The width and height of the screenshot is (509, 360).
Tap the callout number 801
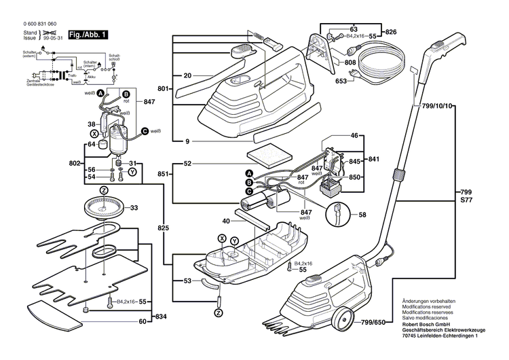[163, 88]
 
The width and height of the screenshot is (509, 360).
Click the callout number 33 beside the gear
[134, 208]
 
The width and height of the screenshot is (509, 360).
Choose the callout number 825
[163, 228]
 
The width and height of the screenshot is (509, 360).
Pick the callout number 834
[162, 317]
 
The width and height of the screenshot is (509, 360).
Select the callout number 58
[362, 215]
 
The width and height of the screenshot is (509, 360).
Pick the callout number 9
[186, 141]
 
